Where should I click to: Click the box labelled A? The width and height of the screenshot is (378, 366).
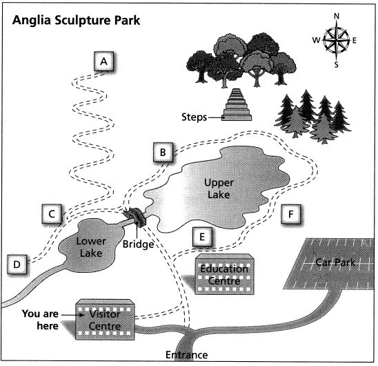[104, 61]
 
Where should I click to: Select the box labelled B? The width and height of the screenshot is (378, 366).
[163, 153]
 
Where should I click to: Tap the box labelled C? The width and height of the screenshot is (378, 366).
[52, 214]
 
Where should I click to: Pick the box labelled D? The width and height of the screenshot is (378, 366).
[17, 264]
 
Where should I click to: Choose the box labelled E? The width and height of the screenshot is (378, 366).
[202, 237]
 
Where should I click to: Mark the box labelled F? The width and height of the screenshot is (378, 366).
[291, 214]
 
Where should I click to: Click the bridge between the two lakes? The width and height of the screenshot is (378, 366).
[135, 217]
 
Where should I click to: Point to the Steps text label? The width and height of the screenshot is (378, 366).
[194, 117]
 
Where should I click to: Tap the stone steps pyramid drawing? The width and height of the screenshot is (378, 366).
[237, 104]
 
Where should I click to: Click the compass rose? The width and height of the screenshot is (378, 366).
[337, 40]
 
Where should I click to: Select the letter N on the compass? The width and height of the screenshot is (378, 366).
[337, 16]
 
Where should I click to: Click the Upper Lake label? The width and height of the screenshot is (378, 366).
[219, 189]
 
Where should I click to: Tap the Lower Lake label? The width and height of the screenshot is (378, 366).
[91, 247]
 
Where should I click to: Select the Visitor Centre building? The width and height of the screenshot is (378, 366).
[105, 320]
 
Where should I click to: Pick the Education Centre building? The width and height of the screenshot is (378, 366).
[224, 274]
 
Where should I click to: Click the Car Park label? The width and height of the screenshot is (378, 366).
[335, 262]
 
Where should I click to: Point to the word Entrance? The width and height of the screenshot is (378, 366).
[187, 355]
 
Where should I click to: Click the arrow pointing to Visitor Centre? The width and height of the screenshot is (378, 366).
[72, 315]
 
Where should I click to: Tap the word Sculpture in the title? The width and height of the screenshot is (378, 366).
[83, 20]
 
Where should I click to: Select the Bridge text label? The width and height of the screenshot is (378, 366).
[138, 244]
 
